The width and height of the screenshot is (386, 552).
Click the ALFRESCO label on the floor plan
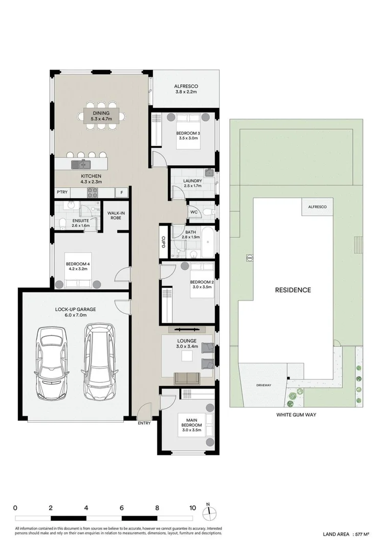click(185, 86)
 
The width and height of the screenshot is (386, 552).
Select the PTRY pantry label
click(62, 193)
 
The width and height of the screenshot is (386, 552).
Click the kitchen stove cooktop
click(93, 193)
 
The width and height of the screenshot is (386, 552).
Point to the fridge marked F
click(122, 193)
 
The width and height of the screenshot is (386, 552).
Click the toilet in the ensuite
click(61, 222)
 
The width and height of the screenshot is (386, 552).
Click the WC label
click(194, 212)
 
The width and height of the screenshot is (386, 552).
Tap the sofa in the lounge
click(187, 378)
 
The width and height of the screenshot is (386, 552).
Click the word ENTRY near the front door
click(145, 423)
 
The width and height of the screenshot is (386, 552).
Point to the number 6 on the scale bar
click(122, 508)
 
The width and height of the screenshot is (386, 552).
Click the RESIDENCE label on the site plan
click(293, 290)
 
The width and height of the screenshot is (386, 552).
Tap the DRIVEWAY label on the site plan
click(264, 385)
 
